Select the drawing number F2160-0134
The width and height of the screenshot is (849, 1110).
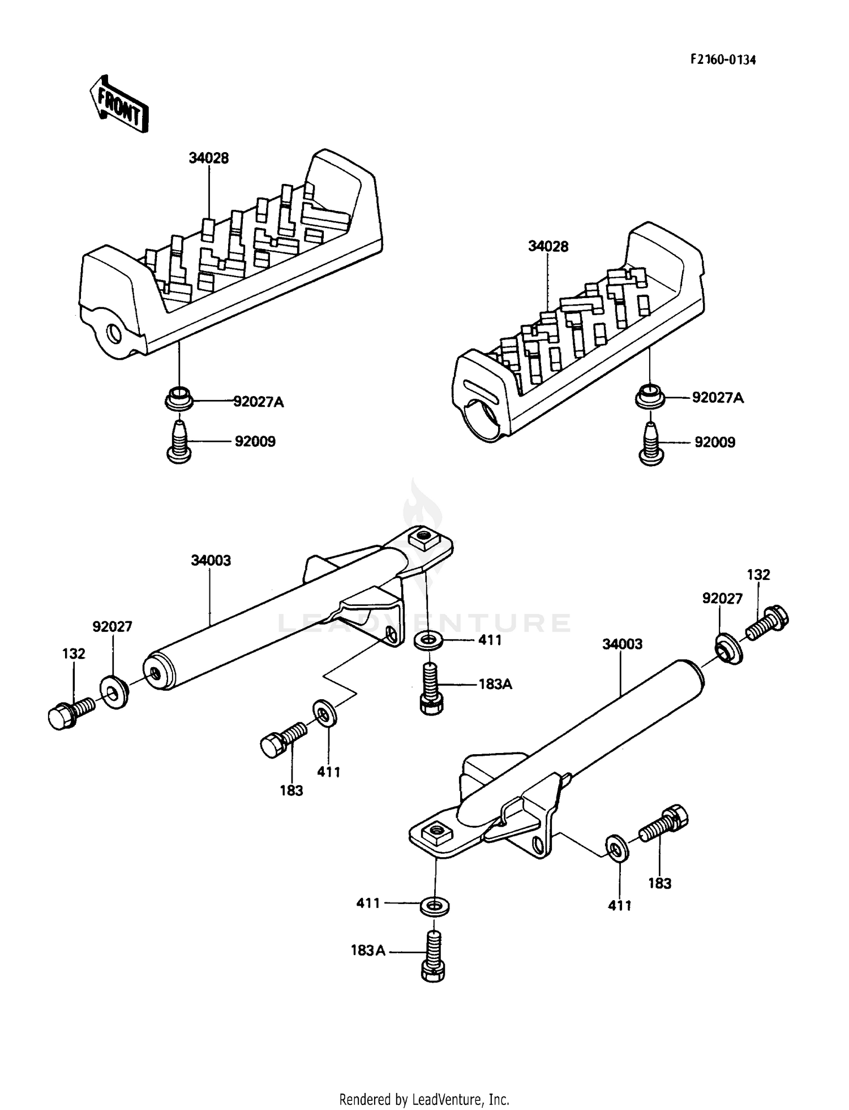[x=722, y=59]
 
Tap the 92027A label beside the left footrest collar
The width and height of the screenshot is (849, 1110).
[x=259, y=402]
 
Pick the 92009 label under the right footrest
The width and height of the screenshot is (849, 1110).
[x=715, y=442]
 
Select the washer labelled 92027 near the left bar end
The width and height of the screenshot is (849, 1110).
[x=114, y=690]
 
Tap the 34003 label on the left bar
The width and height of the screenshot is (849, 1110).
[x=211, y=561]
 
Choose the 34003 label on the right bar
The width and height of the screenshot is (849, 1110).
[x=622, y=644]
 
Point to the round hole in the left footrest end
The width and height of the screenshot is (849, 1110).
[x=114, y=334]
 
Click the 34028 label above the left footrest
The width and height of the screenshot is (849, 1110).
[x=209, y=158]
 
